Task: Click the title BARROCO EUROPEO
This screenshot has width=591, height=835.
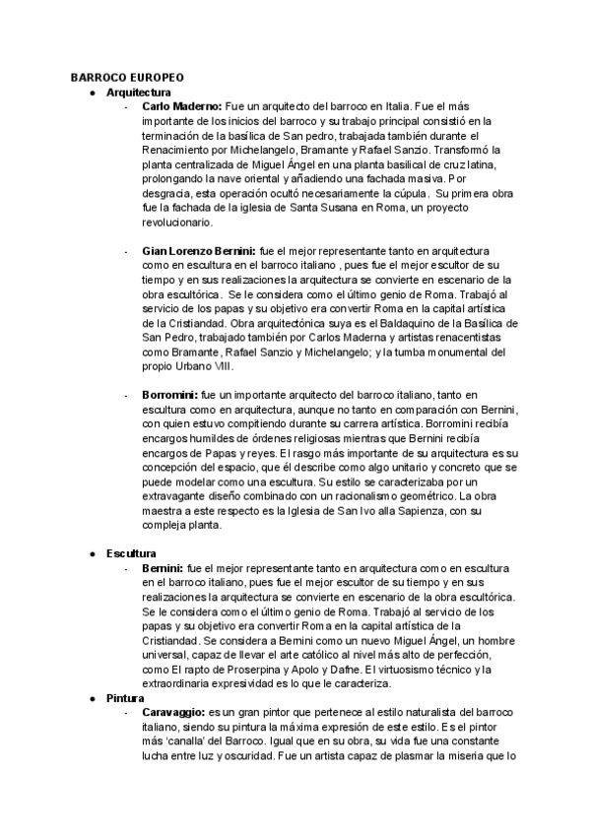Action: [127, 78]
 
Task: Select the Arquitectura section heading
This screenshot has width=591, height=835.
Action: [139, 92]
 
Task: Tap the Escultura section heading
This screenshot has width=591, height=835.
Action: [131, 554]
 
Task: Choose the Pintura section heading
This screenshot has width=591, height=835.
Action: [126, 697]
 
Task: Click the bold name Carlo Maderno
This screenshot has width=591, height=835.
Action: [182, 105]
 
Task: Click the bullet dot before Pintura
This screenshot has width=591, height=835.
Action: [92, 697]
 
